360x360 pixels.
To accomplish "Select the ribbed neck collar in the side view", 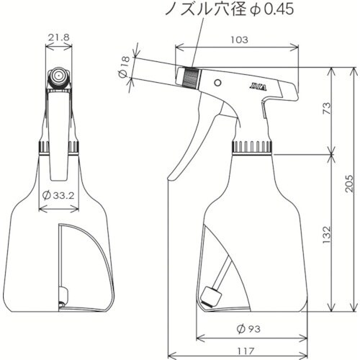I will point(251,147).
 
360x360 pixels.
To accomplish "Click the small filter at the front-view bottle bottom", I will point(63,294).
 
